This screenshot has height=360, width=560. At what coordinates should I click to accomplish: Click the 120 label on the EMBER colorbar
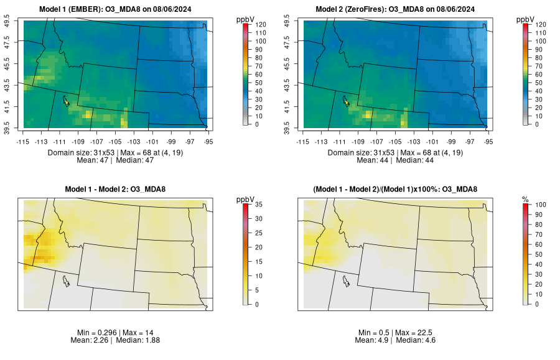click(x=260, y=24)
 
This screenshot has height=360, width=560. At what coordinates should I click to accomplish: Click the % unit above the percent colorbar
click(x=525, y=199)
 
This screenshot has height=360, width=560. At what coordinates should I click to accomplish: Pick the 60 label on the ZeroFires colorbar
click(x=539, y=74)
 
